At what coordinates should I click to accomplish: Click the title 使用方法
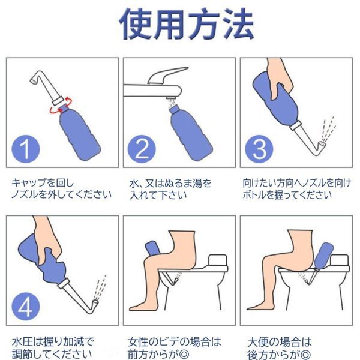(186, 23)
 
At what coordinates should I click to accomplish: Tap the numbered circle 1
(26, 149)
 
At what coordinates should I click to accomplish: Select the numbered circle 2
(142, 149)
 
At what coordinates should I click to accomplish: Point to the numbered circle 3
(259, 149)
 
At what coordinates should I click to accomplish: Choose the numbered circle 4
(26, 307)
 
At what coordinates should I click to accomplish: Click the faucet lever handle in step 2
(167, 76)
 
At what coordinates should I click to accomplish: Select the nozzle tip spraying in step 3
(322, 145)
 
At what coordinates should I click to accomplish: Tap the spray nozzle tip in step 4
(95, 304)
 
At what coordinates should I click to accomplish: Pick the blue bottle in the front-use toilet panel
(153, 248)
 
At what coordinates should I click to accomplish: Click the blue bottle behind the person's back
(323, 256)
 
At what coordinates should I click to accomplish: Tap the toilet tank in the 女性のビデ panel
(218, 260)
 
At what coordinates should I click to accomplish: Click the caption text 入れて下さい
(158, 196)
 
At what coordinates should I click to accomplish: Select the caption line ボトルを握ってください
(287, 195)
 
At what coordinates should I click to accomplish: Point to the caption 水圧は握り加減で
(53, 342)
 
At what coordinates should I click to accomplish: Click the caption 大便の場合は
(280, 342)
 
